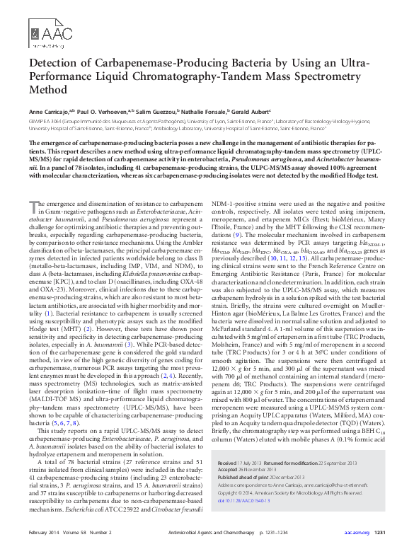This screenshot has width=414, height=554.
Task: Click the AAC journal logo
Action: (47, 32)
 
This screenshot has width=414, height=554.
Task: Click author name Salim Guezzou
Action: (166, 111)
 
